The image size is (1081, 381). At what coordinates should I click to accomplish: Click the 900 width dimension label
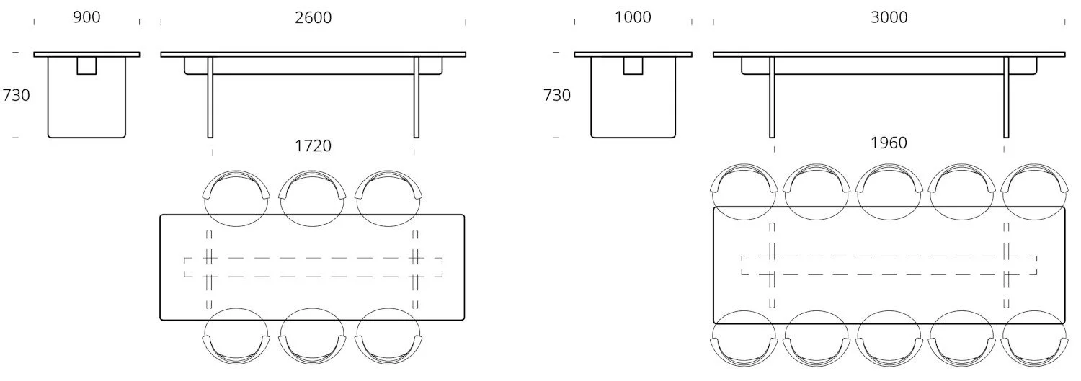[86, 17]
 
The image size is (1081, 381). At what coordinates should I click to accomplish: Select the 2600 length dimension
[313, 17]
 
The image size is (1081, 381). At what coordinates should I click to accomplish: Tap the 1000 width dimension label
[632, 17]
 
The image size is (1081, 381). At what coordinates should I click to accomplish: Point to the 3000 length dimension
[889, 17]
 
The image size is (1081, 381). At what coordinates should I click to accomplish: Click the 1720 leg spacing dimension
[313, 145]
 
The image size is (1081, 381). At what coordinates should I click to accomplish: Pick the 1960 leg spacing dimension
[889, 143]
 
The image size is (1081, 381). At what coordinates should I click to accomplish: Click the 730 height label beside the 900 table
[16, 95]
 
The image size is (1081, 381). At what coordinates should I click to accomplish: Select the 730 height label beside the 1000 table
[556, 95]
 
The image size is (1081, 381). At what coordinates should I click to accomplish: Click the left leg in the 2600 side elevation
[210, 97]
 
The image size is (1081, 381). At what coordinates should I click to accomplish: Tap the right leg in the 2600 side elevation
[417, 97]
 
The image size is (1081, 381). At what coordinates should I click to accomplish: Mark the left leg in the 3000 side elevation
[772, 97]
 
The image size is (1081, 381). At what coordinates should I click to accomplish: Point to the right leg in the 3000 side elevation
[1006, 97]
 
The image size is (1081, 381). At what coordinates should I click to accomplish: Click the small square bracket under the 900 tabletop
[86, 65]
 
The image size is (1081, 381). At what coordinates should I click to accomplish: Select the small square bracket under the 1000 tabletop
[633, 65]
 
